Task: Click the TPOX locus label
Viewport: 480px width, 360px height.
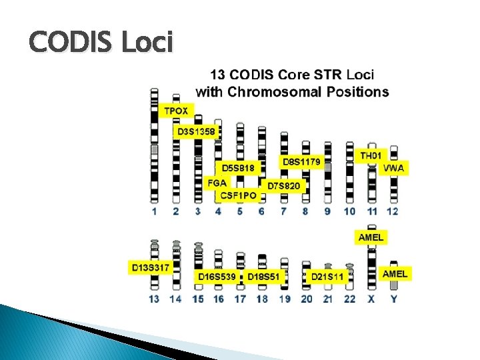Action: [x=176, y=110]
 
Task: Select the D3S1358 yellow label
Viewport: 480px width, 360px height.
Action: [x=196, y=132]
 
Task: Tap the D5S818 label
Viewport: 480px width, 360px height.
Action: [x=238, y=169]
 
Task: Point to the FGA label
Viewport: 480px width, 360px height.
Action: [x=217, y=182]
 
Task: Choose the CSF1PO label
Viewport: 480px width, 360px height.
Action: [x=238, y=195]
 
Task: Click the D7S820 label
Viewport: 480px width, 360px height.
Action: [x=283, y=185]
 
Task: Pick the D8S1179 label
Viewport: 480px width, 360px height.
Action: [x=301, y=161]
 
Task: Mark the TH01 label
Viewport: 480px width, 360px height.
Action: [x=371, y=155]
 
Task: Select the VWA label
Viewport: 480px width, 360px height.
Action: [x=393, y=168]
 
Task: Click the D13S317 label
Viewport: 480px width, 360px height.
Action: [x=151, y=267]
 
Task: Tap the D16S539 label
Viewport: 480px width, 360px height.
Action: [x=217, y=276]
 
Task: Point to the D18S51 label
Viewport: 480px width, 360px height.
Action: [x=264, y=276]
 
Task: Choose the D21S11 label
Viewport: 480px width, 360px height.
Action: [x=327, y=276]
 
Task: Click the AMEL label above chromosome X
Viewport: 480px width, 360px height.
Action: [x=371, y=237]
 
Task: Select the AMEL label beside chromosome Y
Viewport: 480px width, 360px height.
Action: [x=395, y=273]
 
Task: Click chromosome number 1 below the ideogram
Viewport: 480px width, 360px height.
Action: [x=154, y=211]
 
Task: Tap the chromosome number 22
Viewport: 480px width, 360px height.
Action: [x=349, y=299]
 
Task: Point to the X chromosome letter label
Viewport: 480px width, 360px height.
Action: [x=371, y=299]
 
